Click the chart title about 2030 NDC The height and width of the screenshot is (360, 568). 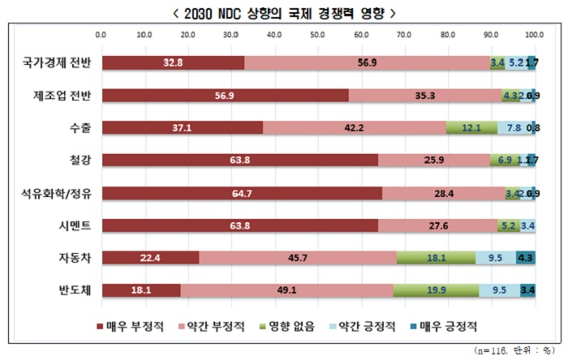284,13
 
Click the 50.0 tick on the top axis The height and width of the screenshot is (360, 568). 317,36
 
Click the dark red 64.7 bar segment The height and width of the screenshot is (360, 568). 242,192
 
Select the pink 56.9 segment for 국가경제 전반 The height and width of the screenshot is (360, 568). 367,62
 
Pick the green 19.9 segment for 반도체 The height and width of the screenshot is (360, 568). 436,289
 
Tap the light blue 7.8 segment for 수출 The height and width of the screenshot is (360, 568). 514,126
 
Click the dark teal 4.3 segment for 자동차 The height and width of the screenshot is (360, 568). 525,257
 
